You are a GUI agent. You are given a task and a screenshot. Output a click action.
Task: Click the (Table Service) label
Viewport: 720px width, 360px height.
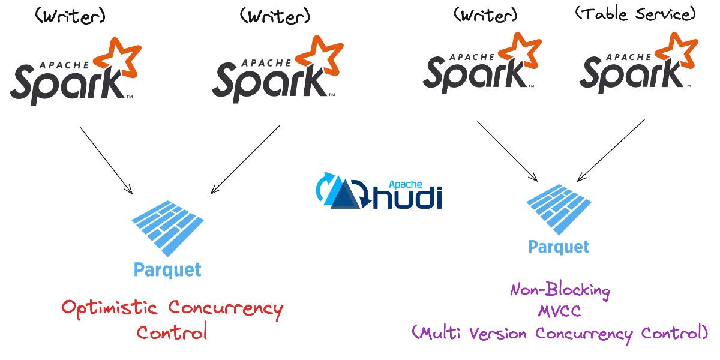635,14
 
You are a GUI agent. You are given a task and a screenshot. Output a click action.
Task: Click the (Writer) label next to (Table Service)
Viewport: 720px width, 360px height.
485,14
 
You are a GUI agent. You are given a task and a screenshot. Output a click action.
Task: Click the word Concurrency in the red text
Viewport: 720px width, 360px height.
225,308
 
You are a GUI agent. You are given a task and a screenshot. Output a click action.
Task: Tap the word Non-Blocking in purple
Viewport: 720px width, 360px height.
560,291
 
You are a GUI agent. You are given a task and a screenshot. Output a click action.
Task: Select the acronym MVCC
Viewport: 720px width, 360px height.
559,312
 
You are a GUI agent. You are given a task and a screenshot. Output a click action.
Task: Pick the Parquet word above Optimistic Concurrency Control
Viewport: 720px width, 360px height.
167,269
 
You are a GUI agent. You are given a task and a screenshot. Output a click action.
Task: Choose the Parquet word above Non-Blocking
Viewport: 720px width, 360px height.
559,247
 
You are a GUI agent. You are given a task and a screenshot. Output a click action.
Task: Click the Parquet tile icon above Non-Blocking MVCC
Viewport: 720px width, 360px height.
559,207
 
